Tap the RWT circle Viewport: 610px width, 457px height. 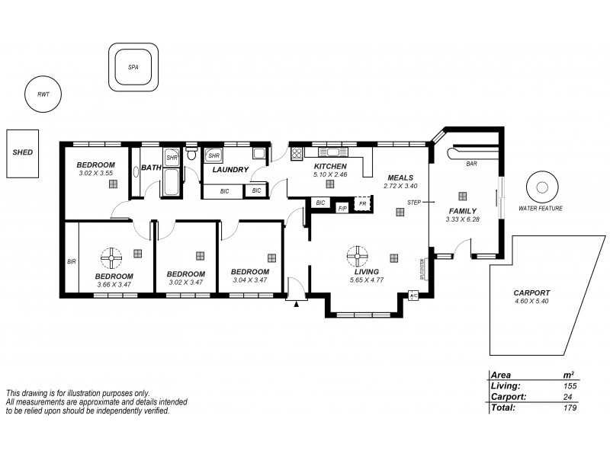[x=43, y=94]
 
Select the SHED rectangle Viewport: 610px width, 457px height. [x=22, y=152]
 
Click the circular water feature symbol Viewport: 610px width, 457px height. [x=544, y=187]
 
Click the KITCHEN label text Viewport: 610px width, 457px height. [x=330, y=166]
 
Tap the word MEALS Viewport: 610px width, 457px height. [x=400, y=176]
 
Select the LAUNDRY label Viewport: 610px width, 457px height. [x=230, y=170]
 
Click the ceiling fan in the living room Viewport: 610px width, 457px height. [x=355, y=254]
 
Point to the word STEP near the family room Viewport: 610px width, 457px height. [x=414, y=203]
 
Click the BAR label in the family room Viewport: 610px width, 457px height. [x=471, y=163]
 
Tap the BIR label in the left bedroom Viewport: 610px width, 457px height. [x=72, y=261]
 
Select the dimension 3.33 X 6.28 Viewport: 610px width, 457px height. [x=462, y=220]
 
